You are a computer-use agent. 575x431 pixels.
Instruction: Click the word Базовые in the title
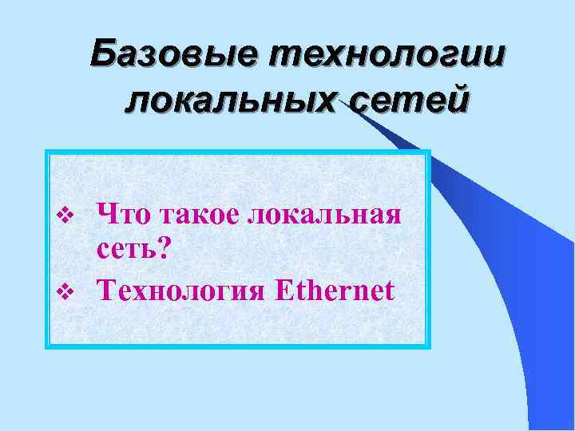pyautogui.click(x=175, y=57)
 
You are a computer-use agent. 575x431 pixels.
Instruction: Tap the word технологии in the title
pyautogui.click(x=390, y=57)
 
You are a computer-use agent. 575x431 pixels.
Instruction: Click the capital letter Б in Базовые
pyautogui.click(x=104, y=57)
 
